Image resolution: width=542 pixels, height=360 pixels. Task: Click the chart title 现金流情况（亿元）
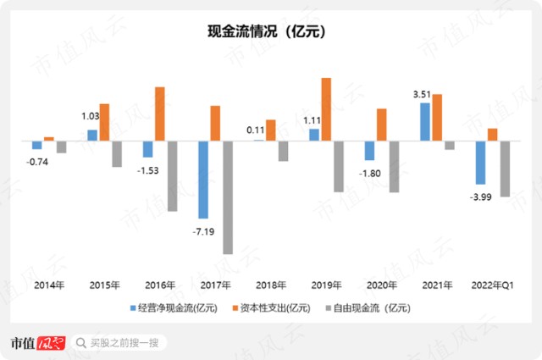coord(267,32)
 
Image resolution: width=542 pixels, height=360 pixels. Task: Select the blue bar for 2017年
coord(203,180)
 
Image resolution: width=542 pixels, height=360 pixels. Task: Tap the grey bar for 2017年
coord(228,197)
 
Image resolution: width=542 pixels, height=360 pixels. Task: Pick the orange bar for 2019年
coord(326,109)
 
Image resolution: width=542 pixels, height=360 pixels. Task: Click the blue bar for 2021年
coord(425,122)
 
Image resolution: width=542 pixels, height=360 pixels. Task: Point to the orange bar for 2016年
coord(160,114)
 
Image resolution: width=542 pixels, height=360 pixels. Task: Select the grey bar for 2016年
coord(173,176)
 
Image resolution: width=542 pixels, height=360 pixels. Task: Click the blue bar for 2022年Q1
coord(480,163)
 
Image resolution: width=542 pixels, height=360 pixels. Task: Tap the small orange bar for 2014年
coord(49,139)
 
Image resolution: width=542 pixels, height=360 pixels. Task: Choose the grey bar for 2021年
coord(450,145)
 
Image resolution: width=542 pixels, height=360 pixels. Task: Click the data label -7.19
coord(203,231)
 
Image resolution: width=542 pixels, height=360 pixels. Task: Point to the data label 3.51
coord(422,94)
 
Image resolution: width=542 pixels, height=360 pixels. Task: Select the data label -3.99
coord(480,197)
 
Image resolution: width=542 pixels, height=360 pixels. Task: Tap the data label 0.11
coord(256,130)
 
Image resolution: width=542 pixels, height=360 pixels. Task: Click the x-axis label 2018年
coord(271,285)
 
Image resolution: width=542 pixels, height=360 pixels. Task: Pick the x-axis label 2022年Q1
coord(493,285)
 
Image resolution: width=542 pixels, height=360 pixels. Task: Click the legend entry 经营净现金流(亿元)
coord(174,307)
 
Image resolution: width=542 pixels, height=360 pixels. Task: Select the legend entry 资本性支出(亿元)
coord(271,307)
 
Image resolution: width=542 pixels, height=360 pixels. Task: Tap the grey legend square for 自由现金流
coord(329,307)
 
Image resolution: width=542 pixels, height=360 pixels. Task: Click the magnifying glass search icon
coord(81,343)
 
